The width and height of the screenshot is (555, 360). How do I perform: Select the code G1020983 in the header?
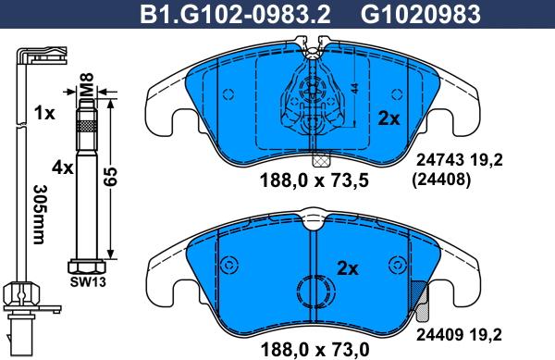[x=413, y=13]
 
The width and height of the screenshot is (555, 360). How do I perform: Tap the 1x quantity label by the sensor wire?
[x=43, y=113]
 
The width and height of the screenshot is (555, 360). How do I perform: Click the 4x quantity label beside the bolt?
[x=62, y=168]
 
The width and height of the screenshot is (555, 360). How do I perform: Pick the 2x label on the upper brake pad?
[x=388, y=118]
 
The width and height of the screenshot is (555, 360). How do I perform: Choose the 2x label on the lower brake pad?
[x=348, y=269]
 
